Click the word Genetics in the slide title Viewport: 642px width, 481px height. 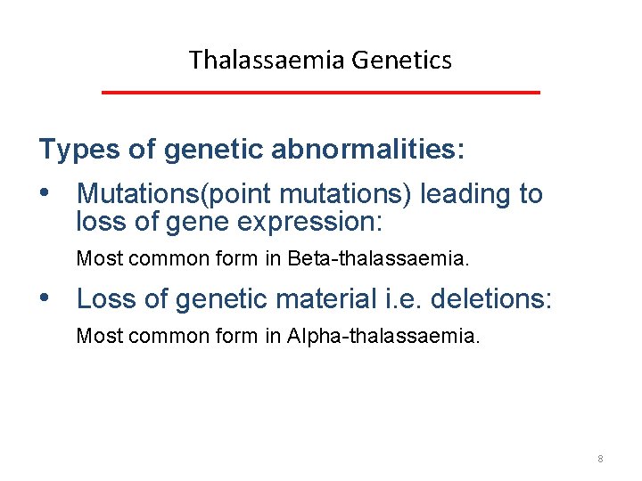point(402,60)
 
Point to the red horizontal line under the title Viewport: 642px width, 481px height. point(321,93)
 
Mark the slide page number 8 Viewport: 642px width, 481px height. point(600,459)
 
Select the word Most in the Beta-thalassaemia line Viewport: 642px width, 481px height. point(94,259)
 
